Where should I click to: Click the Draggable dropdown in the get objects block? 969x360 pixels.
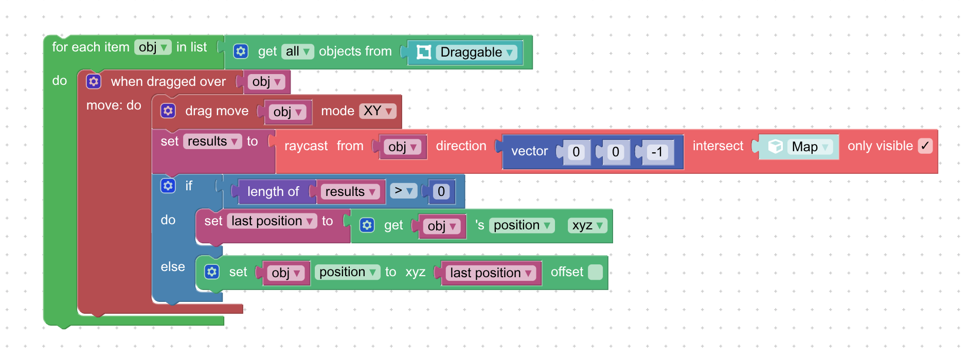pos(476,52)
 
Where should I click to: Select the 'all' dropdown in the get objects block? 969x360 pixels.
pos(297,51)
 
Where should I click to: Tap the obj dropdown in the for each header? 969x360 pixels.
pos(153,47)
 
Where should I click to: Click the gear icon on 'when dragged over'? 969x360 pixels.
pos(94,81)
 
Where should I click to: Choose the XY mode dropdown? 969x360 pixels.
pos(378,111)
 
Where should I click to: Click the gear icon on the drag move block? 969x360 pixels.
pos(168,111)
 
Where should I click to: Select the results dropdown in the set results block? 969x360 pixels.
pos(213,141)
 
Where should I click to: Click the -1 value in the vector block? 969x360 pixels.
pos(657,152)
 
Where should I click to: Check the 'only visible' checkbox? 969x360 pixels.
pos(925,146)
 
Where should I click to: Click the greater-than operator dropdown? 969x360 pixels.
pos(403,191)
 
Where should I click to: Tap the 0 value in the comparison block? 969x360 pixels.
pos(441,191)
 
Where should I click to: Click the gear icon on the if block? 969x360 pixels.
pos(168,186)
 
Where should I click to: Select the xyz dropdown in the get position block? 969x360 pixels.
pos(587,225)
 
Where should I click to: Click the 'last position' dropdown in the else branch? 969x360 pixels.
pos(490,273)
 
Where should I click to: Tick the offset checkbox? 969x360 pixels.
pos(595,272)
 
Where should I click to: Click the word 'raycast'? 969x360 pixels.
pos(306,146)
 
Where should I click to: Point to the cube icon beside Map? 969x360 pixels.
pos(775,147)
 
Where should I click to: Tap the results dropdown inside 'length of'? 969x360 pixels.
pos(350,192)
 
